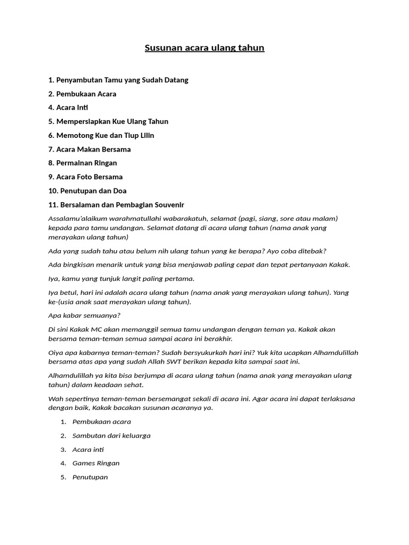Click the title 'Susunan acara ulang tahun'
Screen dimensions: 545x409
click(x=204, y=48)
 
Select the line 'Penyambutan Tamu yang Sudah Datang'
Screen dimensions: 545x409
click(x=122, y=80)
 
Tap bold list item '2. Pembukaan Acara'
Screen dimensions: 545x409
click(x=82, y=94)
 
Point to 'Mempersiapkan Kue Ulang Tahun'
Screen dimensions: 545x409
click(x=112, y=121)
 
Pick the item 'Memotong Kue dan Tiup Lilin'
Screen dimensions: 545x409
click(x=105, y=135)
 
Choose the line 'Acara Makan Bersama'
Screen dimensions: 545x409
click(x=93, y=149)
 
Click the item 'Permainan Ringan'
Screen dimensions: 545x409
click(x=86, y=163)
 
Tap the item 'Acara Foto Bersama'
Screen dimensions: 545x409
click(x=89, y=177)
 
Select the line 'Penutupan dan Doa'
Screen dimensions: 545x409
click(x=91, y=191)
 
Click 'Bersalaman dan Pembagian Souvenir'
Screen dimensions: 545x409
click(x=120, y=204)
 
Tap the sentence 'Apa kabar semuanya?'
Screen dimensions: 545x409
click(x=84, y=315)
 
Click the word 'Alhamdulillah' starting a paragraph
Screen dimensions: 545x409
click(x=70, y=375)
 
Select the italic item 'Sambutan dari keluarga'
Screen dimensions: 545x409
click(x=111, y=435)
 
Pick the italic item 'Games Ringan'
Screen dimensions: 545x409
click(x=96, y=463)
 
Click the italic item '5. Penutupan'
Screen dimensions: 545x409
click(x=89, y=477)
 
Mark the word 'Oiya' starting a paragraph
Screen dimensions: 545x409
click(x=56, y=352)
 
